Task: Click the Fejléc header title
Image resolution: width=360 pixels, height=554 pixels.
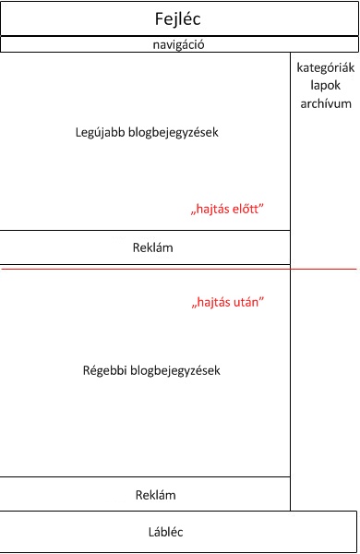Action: pos(178,18)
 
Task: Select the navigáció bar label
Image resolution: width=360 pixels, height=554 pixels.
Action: pos(178,44)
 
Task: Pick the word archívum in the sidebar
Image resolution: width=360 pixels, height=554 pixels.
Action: pos(325,103)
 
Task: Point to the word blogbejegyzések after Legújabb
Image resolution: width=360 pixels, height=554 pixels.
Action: pos(173,132)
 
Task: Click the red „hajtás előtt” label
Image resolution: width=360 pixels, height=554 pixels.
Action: pos(227,210)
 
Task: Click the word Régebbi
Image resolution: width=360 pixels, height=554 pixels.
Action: pos(102,371)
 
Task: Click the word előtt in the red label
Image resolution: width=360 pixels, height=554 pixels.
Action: pos(246,210)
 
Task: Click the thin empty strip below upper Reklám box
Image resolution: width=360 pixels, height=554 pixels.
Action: pos(145,266)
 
